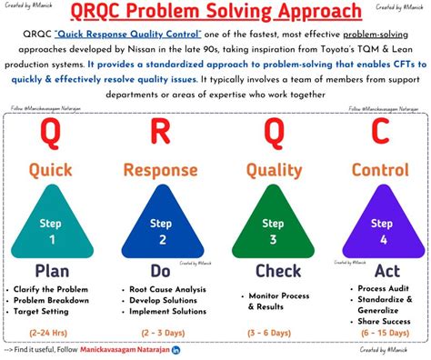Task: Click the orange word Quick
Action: pos(51,170)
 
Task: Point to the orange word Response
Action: pos(160,170)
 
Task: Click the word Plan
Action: pos(51,270)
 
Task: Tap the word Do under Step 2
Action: pos(160,270)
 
